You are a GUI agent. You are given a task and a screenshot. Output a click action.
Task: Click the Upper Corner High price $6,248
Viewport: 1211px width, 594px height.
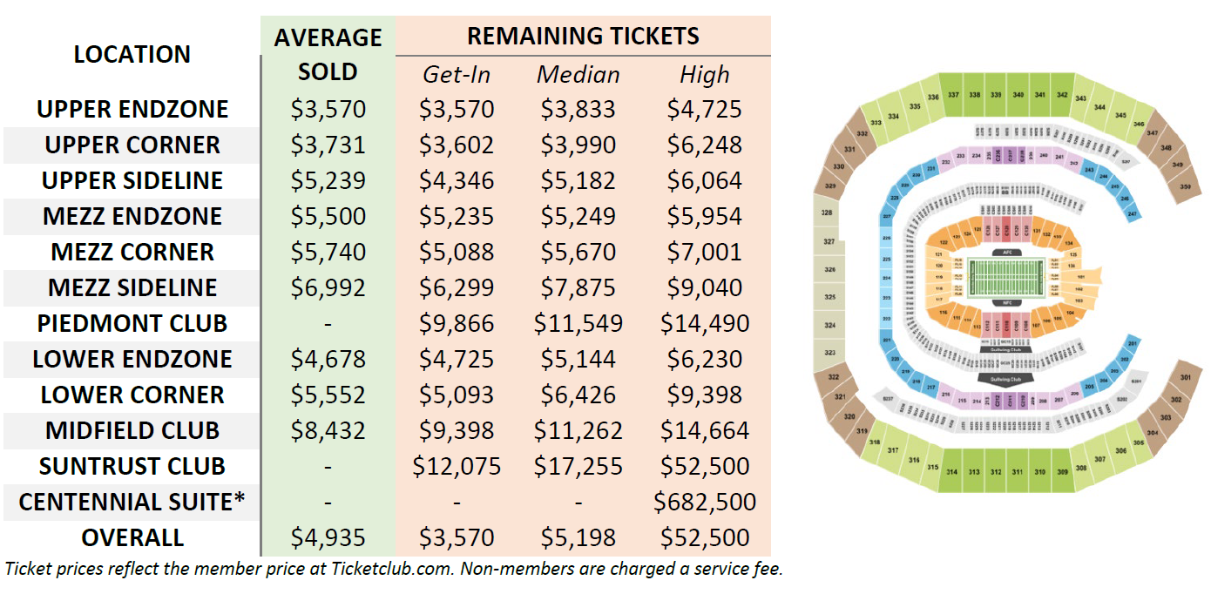[x=704, y=145]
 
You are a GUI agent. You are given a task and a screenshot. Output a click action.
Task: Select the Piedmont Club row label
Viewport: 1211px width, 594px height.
[x=132, y=323]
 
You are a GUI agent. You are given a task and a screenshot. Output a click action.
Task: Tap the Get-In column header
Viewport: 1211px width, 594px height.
[x=457, y=75]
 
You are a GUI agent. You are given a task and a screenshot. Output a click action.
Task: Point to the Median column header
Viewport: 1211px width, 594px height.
[x=578, y=75]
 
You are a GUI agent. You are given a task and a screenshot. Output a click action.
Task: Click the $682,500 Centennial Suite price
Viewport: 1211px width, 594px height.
[x=704, y=502]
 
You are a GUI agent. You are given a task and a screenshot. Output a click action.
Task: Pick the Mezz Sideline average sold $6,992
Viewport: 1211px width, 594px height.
[x=328, y=287]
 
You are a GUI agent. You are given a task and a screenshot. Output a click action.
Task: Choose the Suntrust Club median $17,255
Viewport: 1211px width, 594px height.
[x=578, y=466]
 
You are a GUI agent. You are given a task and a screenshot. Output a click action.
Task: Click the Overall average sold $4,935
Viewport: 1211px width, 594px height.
[x=328, y=537]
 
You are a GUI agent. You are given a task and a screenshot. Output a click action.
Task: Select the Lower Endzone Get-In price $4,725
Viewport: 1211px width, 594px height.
[x=457, y=359]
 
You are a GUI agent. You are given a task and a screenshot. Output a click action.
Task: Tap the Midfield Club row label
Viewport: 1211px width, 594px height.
[x=132, y=430]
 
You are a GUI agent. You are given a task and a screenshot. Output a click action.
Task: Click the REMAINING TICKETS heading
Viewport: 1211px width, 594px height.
[x=583, y=37]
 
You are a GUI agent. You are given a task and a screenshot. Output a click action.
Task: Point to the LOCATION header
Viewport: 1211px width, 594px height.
[x=132, y=54]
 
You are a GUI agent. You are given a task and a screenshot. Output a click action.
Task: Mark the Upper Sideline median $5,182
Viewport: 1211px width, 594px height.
[x=578, y=180]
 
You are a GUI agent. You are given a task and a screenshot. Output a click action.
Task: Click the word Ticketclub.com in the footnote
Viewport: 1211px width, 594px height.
[x=377, y=570]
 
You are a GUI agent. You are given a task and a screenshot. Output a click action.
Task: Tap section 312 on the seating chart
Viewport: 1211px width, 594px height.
[x=996, y=472]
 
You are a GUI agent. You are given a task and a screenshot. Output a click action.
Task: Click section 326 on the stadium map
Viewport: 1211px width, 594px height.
[x=829, y=270]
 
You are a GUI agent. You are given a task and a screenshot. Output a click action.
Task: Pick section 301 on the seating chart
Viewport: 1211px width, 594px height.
[x=1185, y=378]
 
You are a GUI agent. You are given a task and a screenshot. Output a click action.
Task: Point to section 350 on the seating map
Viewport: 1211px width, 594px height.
[x=1185, y=186]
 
